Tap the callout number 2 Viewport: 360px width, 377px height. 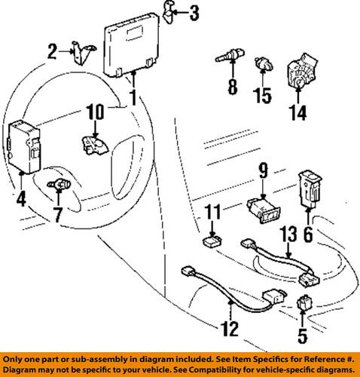click(53, 52)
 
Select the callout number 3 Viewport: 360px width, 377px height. click(194, 12)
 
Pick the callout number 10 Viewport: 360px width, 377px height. click(96, 114)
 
